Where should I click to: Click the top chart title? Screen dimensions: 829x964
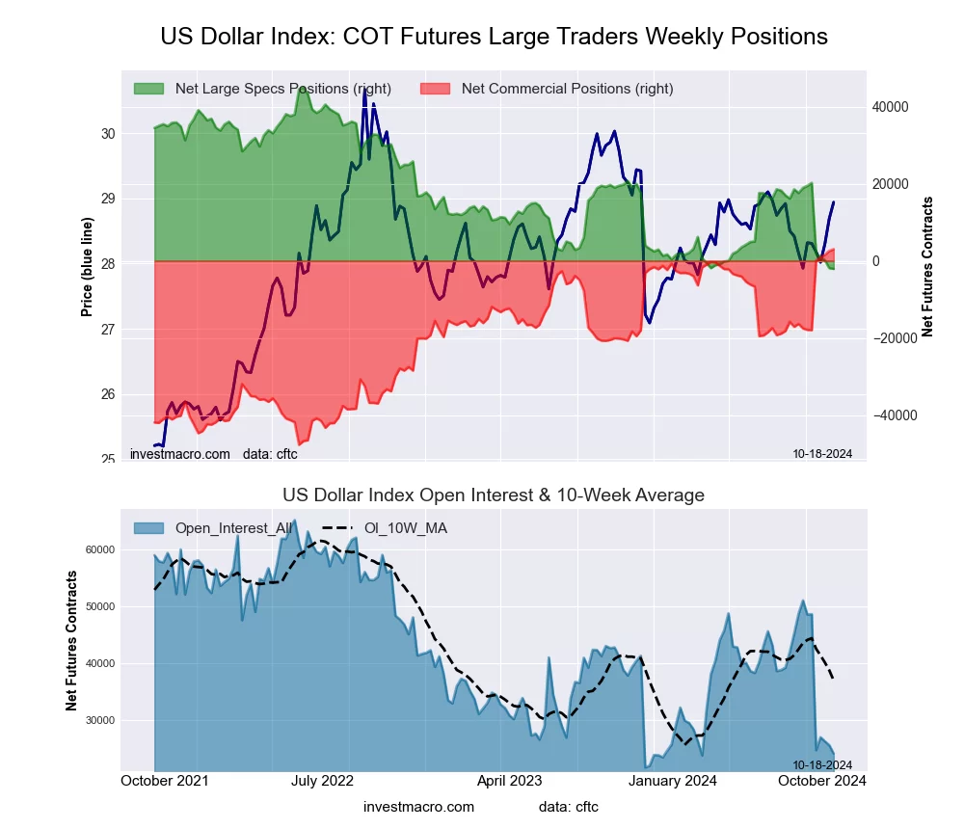click(x=494, y=37)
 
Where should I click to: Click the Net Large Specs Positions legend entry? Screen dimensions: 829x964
click(x=282, y=89)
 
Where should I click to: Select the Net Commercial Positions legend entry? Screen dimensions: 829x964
click(x=567, y=89)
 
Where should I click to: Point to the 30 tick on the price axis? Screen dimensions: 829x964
click(x=108, y=133)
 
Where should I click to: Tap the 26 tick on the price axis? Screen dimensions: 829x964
click(x=108, y=394)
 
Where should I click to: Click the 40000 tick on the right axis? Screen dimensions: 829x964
click(x=891, y=107)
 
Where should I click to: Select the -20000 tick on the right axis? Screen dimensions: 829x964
click(x=894, y=338)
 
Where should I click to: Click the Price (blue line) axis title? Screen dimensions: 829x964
click(x=87, y=268)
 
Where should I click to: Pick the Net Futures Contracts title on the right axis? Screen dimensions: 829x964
click(x=927, y=266)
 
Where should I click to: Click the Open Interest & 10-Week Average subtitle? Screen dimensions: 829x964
click(x=494, y=495)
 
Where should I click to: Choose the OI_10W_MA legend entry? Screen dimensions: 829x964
click(x=405, y=528)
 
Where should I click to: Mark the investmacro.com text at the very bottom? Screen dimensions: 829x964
click(x=419, y=807)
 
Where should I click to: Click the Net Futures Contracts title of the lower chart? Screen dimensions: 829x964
click(x=71, y=641)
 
